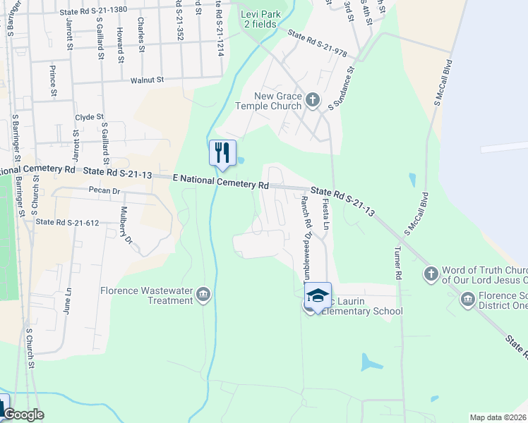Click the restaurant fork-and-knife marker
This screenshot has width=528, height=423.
point(222,152)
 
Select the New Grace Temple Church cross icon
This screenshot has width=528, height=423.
point(312,100)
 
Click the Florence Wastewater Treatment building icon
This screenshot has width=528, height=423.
point(203,295)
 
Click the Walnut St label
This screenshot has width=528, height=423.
point(147,80)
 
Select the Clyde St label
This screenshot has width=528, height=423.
point(90,117)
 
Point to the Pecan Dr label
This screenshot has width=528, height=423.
point(105,190)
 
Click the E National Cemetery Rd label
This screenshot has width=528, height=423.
point(222,182)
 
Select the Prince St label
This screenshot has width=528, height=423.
point(53,80)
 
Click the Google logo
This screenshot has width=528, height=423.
point(25,415)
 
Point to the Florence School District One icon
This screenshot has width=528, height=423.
point(467,301)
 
